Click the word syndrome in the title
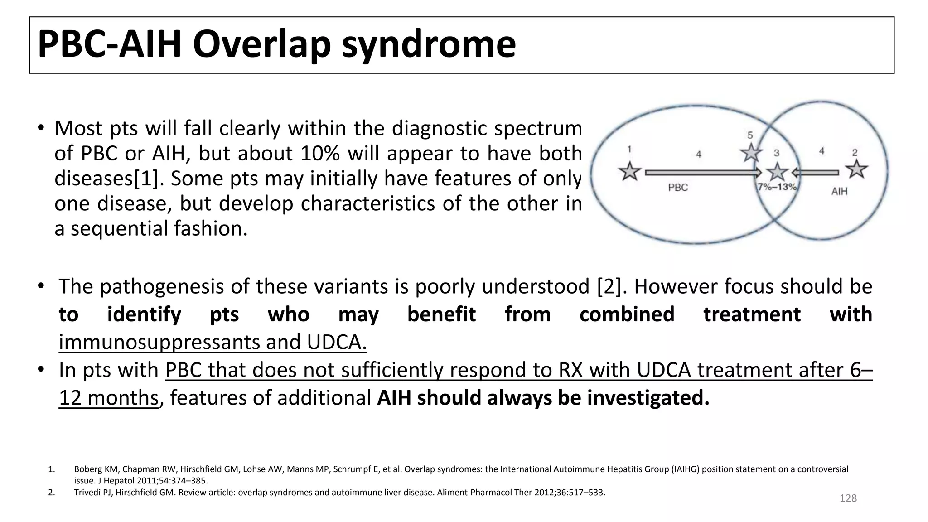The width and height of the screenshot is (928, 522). click(x=429, y=44)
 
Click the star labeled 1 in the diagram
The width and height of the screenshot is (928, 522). click(x=630, y=172)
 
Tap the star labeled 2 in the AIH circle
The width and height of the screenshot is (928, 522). click(x=856, y=169)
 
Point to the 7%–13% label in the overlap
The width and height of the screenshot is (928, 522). click(x=777, y=187)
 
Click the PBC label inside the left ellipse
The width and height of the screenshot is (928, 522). click(x=678, y=188)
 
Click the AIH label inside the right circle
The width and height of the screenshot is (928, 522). click(x=839, y=191)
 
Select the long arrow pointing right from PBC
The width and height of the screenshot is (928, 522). click(x=703, y=173)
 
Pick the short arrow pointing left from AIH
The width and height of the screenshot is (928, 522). click(x=816, y=173)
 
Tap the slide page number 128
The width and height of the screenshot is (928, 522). click(x=848, y=498)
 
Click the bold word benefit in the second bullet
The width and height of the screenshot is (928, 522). click(x=441, y=314)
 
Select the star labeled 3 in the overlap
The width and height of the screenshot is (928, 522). click(x=778, y=172)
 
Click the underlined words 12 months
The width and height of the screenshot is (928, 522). click(x=108, y=398)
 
